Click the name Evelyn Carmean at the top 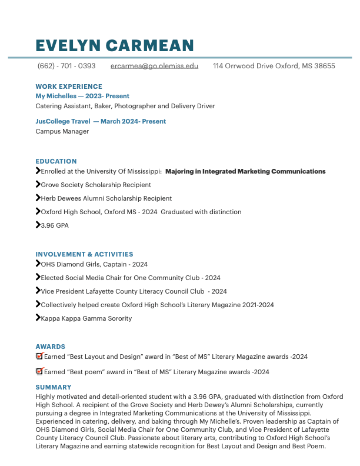coord(115,45)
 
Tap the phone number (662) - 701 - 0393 coord(66,66)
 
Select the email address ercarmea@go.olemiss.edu coord(154,66)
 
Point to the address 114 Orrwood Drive coord(274,66)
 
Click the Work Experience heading coord(69,86)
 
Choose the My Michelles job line coord(82,96)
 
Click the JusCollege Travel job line coord(101,121)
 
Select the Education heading coord(56,161)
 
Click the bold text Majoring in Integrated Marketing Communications coord(245,171)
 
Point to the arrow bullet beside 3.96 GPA coord(38,225)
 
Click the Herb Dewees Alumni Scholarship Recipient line coord(106,198)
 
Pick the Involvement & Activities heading coord(84,254)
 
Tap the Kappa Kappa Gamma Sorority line coord(86,318)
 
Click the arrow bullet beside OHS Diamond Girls coord(38,264)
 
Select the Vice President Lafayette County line coord(134,291)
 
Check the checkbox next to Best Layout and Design coord(39,356)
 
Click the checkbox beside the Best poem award coord(39,371)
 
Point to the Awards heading coord(50,347)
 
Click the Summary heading coord(53,387)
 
